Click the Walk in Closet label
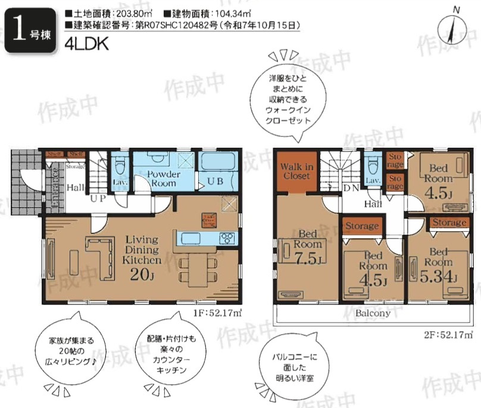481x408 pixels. [296, 172]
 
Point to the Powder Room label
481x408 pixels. [163, 179]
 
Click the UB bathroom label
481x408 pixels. [215, 182]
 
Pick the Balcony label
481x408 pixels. [373, 313]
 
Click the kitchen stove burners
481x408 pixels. [228, 238]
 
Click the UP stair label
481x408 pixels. [98, 198]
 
